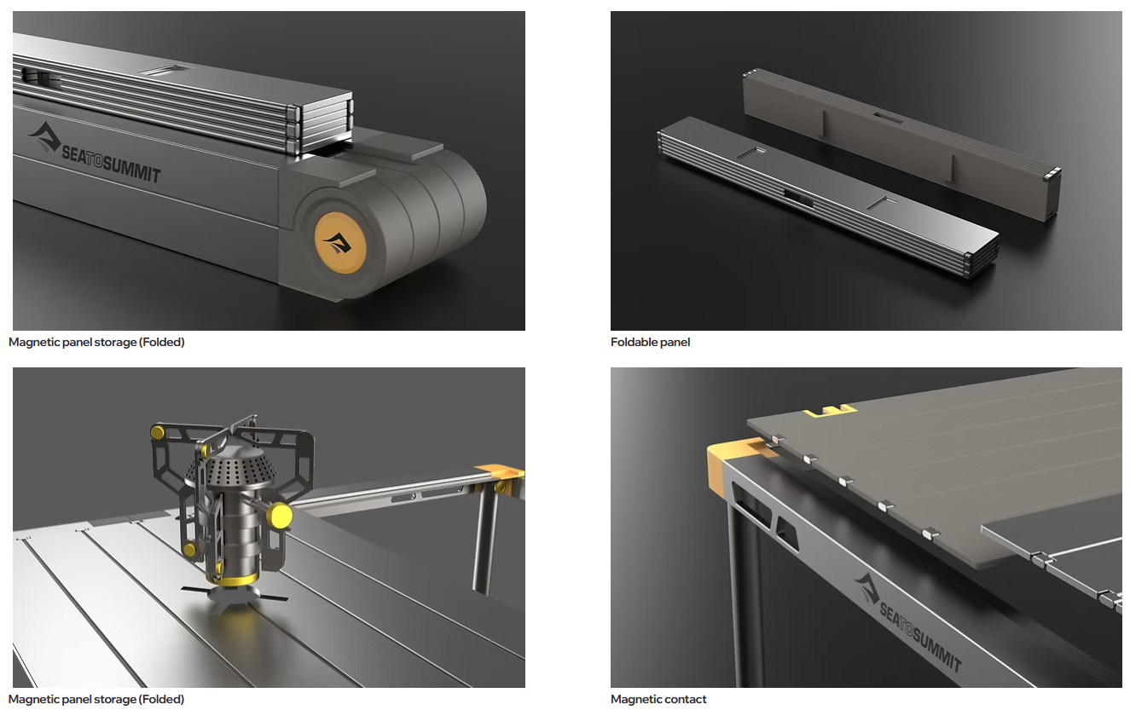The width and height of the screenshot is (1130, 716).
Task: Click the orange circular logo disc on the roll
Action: coord(340,243)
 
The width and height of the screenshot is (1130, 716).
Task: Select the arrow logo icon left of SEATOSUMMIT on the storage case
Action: coord(44,136)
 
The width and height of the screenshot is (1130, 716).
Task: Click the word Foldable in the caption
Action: coord(632,343)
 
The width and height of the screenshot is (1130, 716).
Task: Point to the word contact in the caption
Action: coord(687,699)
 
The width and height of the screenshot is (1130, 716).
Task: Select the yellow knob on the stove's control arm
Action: coord(279,516)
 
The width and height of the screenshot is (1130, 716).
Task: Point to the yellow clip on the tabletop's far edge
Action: coord(830,410)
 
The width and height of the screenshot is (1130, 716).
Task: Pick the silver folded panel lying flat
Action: coord(827,197)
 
